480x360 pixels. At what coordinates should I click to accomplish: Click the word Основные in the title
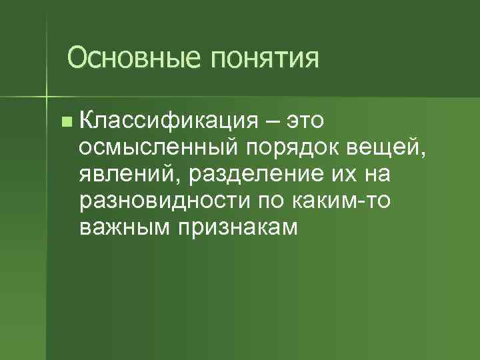click(134, 58)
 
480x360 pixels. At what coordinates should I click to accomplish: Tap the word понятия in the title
click(265, 59)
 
